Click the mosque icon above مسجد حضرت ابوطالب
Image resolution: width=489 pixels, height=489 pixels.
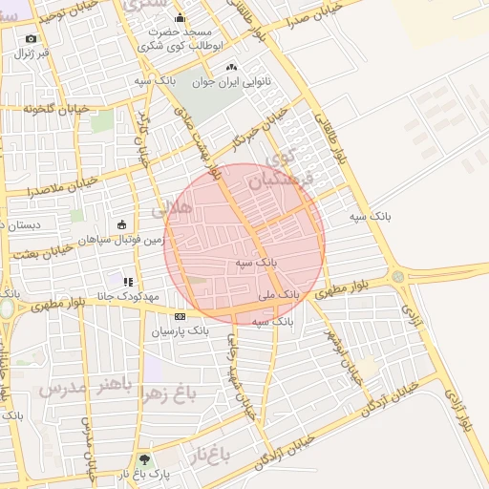[180, 18]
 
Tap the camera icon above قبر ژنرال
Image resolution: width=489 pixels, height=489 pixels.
[32, 39]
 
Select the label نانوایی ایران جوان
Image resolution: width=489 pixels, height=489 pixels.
[231, 82]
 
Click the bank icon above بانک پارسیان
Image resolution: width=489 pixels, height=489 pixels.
[180, 316]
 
